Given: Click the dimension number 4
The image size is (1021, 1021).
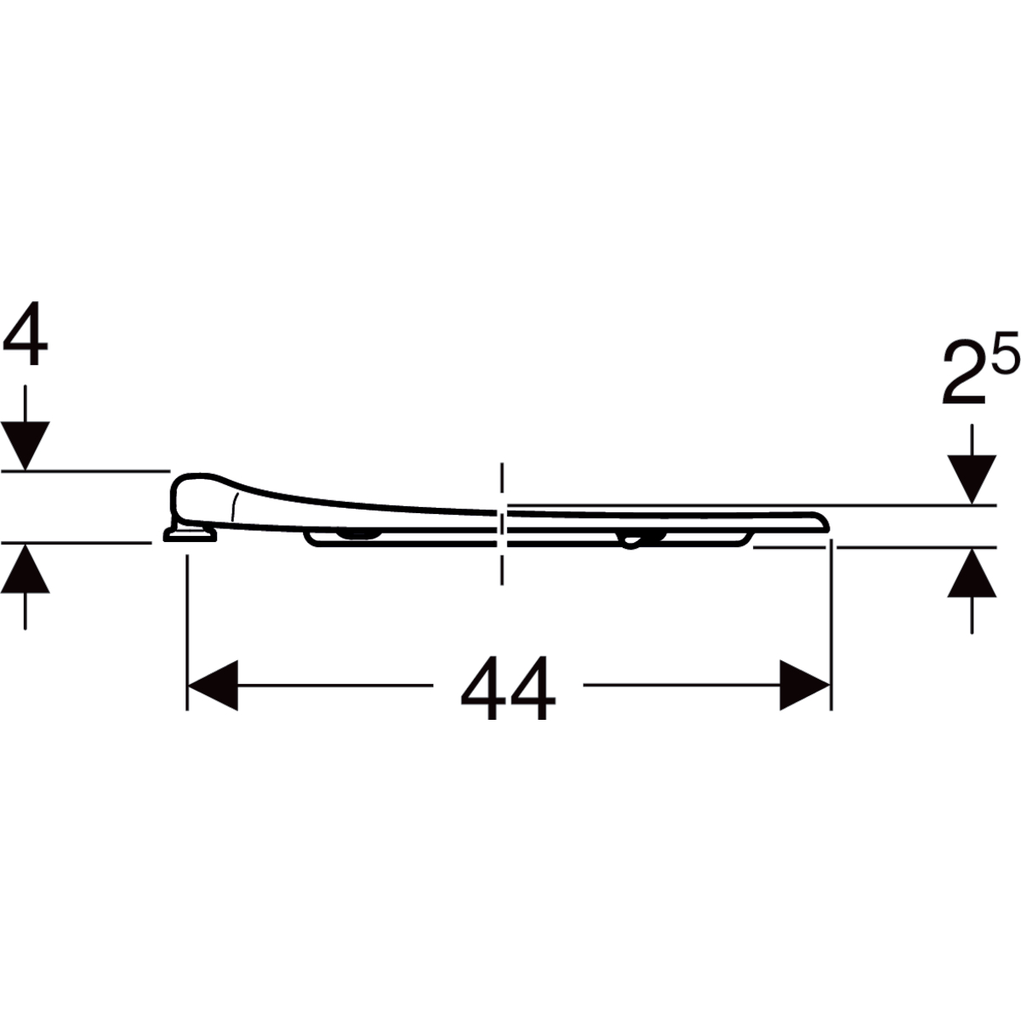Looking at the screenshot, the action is pyautogui.click(x=25, y=334).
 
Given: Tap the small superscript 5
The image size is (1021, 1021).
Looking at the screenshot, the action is pyautogui.click(x=1005, y=351).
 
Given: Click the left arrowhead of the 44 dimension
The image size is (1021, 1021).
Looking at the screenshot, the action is pyautogui.click(x=213, y=685).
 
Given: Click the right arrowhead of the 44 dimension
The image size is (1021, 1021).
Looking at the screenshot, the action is pyautogui.click(x=804, y=685).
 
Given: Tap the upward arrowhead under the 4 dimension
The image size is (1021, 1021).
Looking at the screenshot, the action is pyautogui.click(x=25, y=569).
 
